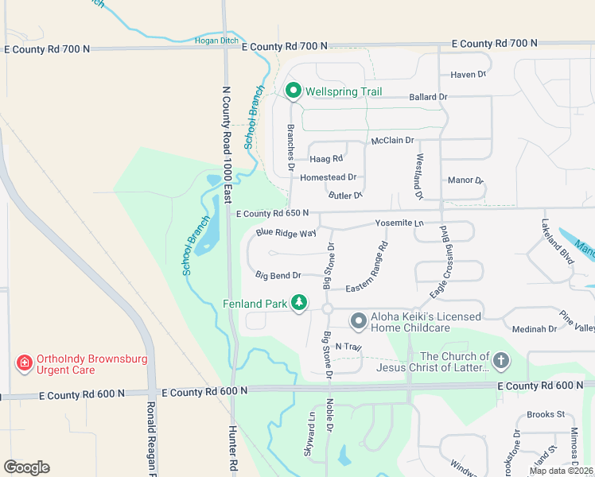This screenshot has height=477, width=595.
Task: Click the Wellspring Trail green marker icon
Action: pyautogui.click(x=293, y=91)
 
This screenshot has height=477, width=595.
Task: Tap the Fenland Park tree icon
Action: pyautogui.click(x=299, y=302)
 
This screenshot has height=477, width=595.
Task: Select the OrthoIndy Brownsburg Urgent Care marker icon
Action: pyautogui.click(x=25, y=363)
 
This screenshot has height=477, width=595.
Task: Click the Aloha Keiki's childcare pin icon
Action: pyautogui.click(x=359, y=320)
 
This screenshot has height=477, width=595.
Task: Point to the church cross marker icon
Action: pyautogui.click(x=500, y=361)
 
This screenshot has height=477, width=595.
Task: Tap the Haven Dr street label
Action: pyautogui.click(x=468, y=75)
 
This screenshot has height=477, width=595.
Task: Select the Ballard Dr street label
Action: pyautogui.click(x=428, y=97)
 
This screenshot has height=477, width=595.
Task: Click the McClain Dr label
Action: pyautogui.click(x=393, y=141)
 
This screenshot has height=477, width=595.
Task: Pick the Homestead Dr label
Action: pyautogui.click(x=328, y=177)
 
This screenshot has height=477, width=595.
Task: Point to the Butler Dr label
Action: pyautogui.click(x=345, y=195)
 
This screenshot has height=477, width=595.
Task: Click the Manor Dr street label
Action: pyautogui.click(x=465, y=180)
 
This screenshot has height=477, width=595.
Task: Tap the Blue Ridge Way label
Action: pyautogui.click(x=286, y=233)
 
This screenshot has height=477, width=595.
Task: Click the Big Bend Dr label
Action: pyautogui.click(x=278, y=275)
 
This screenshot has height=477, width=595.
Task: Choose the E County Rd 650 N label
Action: pyautogui.click(x=272, y=213)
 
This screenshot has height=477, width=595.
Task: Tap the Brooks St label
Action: pyautogui.click(x=545, y=414)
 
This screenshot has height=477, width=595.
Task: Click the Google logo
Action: pyautogui.click(x=26, y=467)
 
